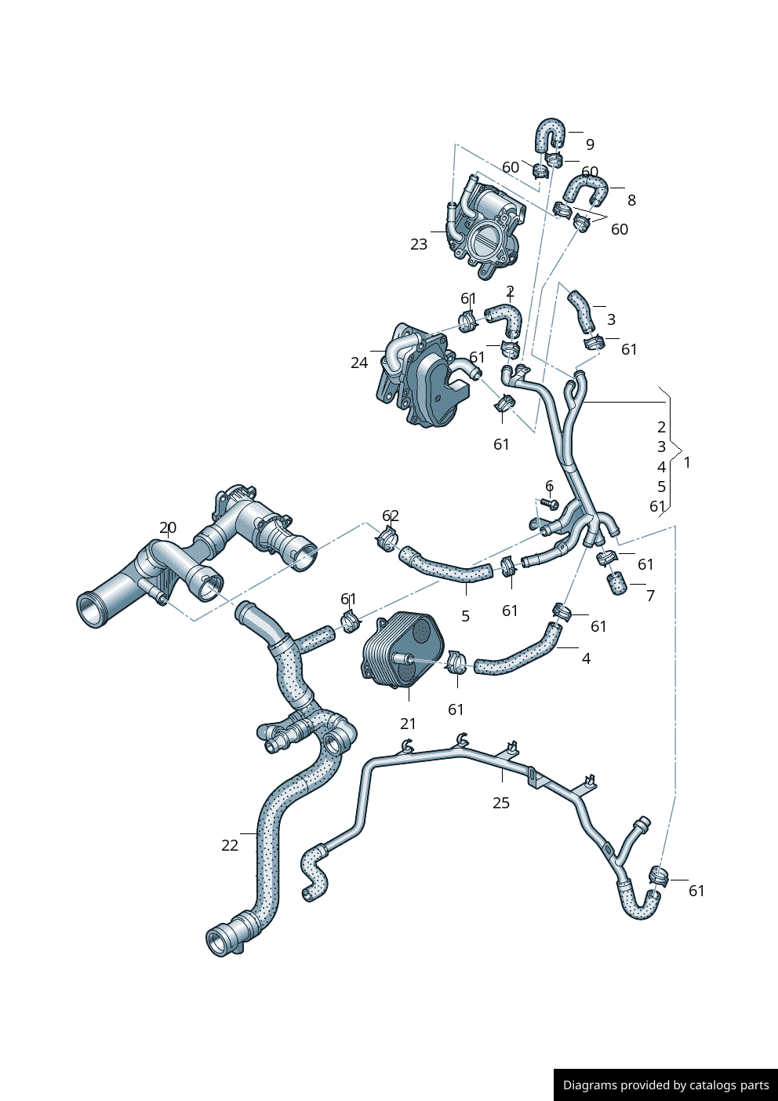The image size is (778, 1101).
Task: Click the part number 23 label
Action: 419,244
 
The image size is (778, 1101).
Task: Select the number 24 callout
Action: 359,363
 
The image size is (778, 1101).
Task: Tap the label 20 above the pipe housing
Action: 168,528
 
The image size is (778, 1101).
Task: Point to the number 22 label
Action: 230,845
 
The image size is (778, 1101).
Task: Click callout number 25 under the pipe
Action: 501,803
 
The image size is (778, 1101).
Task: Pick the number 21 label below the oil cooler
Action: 409,724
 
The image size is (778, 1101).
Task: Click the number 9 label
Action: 590,144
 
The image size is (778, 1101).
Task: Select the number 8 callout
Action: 631,200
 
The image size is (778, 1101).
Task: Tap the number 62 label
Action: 391,516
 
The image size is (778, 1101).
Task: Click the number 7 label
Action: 650,596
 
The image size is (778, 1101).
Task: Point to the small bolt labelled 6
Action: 548,502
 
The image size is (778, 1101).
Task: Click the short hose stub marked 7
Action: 617,583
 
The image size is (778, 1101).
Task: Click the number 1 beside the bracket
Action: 687,462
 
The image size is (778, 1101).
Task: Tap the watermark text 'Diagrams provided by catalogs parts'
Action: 666,1085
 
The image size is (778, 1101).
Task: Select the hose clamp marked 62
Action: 387,540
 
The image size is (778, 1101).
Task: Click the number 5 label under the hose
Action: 466,616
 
